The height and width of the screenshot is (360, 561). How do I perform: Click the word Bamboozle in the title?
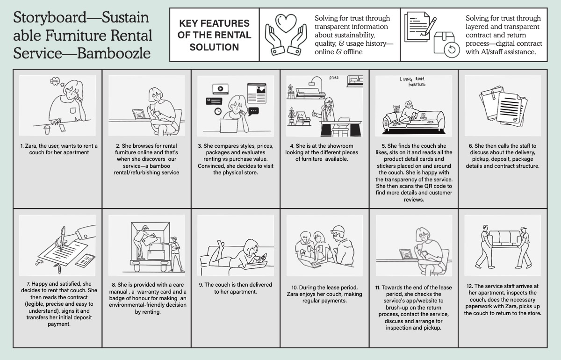point(114,53)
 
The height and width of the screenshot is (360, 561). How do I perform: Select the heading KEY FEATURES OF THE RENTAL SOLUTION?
point(215,35)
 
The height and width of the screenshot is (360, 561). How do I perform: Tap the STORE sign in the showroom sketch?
point(334,78)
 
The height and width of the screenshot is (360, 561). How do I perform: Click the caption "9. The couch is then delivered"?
point(236,288)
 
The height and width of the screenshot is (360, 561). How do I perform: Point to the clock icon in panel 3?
point(218,111)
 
